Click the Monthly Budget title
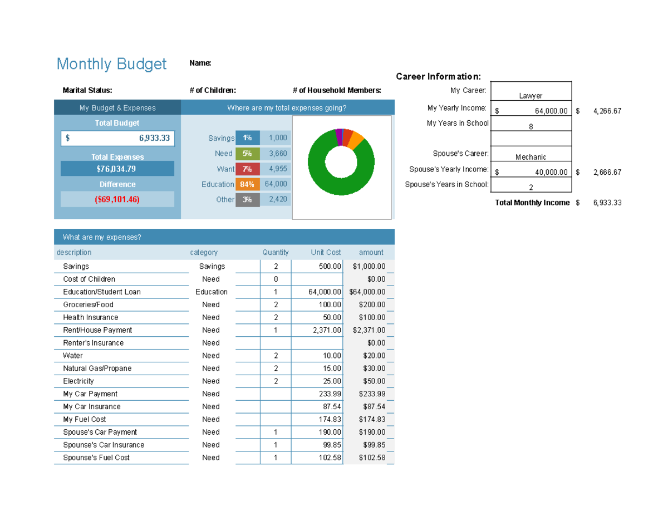(x=111, y=64)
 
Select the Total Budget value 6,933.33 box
(x=117, y=138)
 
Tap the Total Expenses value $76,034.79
(x=117, y=169)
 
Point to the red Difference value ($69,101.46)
(x=117, y=199)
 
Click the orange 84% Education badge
(x=248, y=184)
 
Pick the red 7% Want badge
(x=248, y=169)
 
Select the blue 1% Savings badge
(x=248, y=138)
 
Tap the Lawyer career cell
(x=531, y=96)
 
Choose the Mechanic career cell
(x=531, y=157)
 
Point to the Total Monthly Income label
(x=532, y=203)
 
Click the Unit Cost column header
(x=326, y=252)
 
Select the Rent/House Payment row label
(x=97, y=330)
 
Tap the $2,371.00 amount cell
(x=369, y=330)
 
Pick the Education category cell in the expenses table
(x=212, y=292)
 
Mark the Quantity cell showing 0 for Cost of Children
(x=276, y=279)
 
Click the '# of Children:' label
(x=213, y=90)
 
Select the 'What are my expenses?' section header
(x=102, y=237)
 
